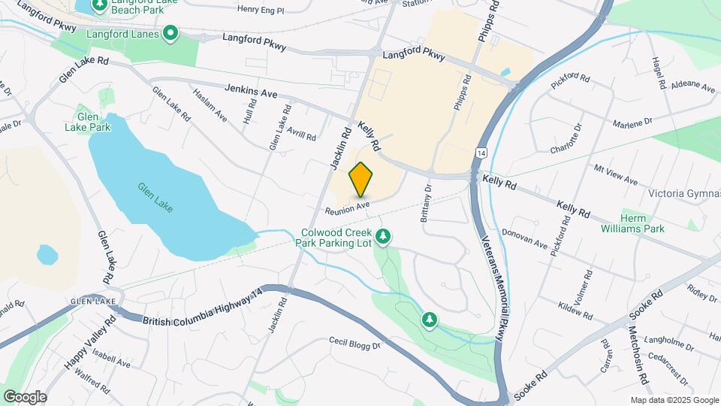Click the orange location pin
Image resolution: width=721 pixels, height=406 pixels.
coord(361,179)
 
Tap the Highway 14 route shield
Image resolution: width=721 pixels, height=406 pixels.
coord(479,153)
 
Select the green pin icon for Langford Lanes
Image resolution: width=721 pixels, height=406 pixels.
coord(170,33)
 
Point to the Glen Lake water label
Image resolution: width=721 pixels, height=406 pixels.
coord(154,197)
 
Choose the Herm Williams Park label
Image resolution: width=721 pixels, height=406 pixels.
coord(644,223)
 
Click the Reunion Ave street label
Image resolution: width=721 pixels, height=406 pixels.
coord(347,206)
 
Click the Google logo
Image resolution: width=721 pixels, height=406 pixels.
coord(24,397)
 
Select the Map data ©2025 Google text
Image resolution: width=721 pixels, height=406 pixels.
coord(674,400)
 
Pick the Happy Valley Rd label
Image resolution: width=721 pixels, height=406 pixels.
coord(90,342)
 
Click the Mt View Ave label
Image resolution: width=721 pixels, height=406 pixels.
coord(615,175)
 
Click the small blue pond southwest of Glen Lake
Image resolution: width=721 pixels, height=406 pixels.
coord(47,255)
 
